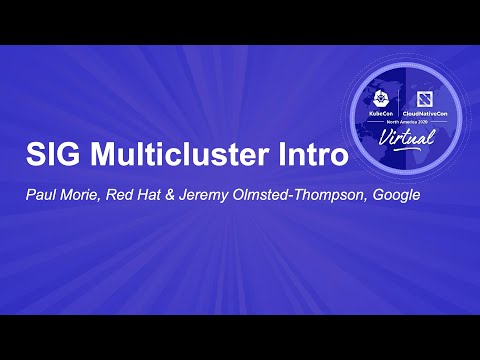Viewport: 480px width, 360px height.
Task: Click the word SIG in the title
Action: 50,156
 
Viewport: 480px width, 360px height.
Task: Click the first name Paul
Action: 40,195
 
